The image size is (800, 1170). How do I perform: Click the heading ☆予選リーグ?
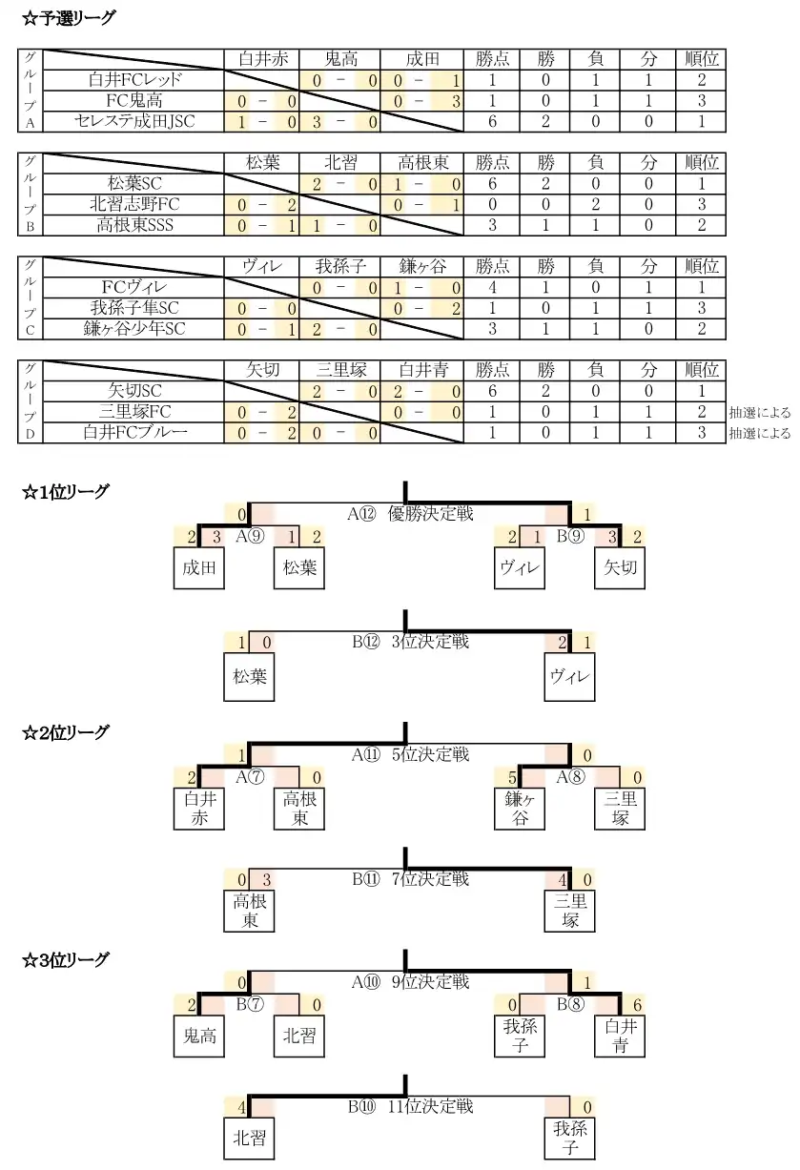[69, 18]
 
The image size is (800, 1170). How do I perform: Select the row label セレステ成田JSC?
[134, 121]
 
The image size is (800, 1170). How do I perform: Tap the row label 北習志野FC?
[134, 204]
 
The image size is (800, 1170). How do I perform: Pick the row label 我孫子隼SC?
[134, 308]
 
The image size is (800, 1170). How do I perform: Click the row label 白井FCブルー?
[134, 433]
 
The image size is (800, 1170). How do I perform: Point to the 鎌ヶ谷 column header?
[422, 266]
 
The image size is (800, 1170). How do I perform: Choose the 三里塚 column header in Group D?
[341, 370]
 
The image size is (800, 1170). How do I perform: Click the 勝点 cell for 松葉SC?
[492, 184]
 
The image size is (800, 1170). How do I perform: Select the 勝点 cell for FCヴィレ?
[492, 287]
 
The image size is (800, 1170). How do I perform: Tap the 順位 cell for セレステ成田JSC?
[701, 121]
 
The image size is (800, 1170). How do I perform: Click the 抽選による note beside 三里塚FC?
[760, 413]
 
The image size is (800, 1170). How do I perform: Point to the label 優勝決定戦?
[430, 513]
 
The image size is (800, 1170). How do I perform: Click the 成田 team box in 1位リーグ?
[199, 567]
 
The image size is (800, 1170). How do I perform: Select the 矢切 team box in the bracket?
[620, 567]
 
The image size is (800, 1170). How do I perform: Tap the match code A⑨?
[250, 536]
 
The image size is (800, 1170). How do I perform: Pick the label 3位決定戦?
[430, 642]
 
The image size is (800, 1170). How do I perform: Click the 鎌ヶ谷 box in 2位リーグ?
[520, 809]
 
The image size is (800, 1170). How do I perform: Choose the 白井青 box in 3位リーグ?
[620, 1036]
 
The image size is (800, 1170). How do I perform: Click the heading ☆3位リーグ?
[65, 960]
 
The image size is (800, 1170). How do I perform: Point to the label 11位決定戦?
[430, 1106]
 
